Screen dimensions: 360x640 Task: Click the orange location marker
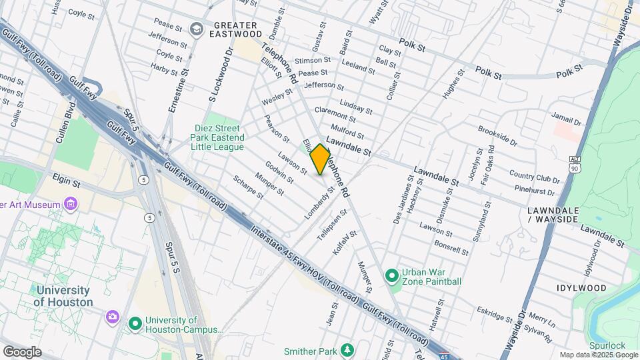tap(321, 159)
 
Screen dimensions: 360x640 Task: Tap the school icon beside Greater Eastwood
tap(197, 29)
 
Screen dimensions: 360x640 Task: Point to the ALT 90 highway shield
tap(575, 165)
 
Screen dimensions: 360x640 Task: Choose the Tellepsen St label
tap(333, 224)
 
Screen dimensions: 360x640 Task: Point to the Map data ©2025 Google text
tap(599, 355)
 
